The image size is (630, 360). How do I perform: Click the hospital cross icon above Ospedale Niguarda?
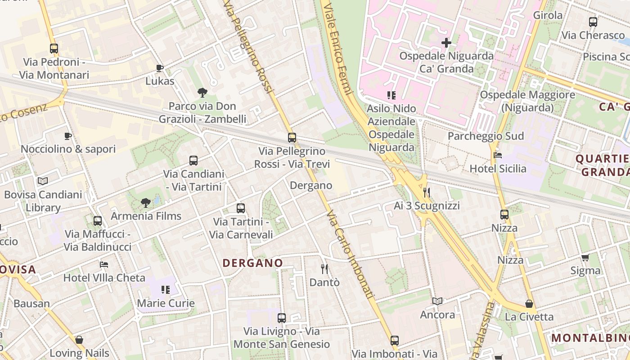click(446, 43)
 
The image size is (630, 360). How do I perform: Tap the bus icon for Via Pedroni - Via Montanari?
click(54, 49)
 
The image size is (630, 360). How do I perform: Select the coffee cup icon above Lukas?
click(159, 68)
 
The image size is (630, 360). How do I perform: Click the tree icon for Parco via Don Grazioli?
click(202, 93)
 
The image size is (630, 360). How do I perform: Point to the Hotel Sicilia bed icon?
click(498, 155)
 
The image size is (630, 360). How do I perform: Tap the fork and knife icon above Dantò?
click(324, 269)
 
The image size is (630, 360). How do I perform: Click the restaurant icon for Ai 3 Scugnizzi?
click(427, 193)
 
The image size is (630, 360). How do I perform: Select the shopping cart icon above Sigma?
click(585, 257)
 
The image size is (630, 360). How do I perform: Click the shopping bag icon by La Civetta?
click(529, 304)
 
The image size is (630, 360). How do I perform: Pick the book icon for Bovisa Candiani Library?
click(43, 181)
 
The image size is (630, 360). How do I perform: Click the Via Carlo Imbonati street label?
click(350, 254)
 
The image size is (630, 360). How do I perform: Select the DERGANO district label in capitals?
click(253, 263)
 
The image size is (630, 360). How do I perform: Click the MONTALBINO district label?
click(589, 337)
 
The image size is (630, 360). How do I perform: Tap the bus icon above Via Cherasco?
click(593, 22)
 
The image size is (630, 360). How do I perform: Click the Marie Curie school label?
click(166, 303)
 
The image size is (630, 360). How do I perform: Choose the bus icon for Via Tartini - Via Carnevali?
click(241, 208)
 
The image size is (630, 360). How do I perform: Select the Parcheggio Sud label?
click(486, 136)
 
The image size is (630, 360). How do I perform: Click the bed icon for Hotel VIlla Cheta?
click(104, 264)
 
